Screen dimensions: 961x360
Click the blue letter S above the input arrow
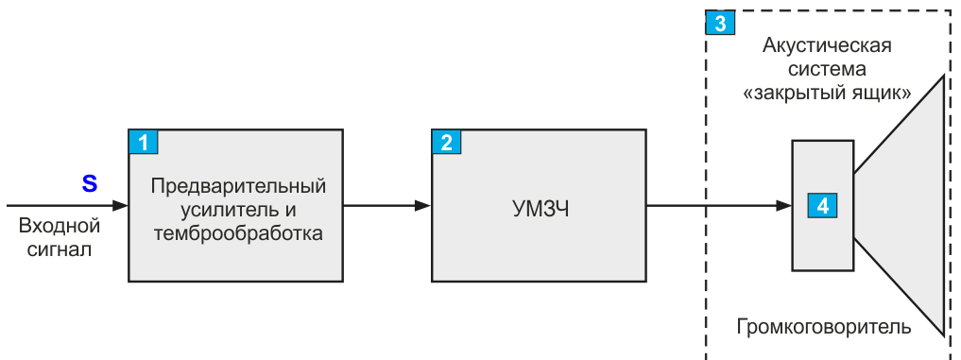[x=90, y=183]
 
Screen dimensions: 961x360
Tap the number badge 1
[x=144, y=143]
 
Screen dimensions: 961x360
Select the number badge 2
[x=447, y=143]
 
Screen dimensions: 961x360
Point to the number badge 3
[x=721, y=24]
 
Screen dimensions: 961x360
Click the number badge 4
[x=822, y=205]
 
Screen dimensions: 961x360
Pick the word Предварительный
[x=238, y=186]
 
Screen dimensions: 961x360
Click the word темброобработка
[x=238, y=233]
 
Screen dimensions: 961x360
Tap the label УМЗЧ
[x=541, y=210]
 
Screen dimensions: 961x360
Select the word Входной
[x=60, y=226]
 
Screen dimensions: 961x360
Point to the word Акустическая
[x=827, y=45]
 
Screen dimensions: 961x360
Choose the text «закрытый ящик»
[x=827, y=94]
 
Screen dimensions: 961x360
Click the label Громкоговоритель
[x=824, y=327]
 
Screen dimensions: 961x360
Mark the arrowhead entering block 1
[x=120, y=205]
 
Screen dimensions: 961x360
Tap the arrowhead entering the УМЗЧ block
[x=423, y=205]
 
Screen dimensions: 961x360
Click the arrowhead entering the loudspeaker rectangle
[x=784, y=205]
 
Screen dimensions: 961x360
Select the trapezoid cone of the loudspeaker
[x=907, y=205]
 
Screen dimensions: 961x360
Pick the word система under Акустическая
[x=827, y=69]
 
